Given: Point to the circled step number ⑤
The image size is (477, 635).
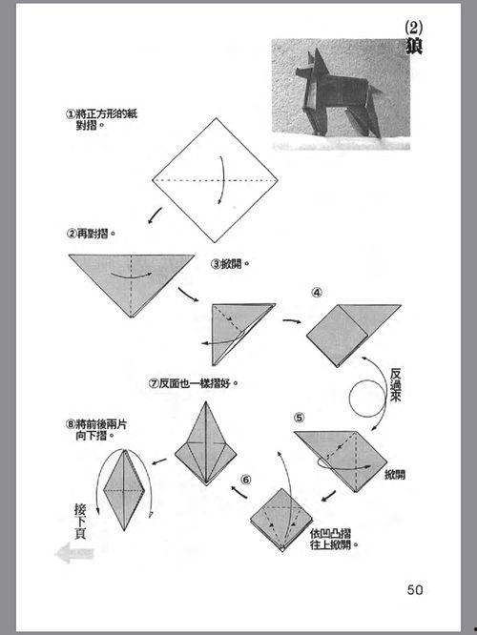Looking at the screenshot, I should tap(299, 417).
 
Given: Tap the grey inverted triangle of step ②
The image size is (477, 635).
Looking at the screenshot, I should tap(131, 283).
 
